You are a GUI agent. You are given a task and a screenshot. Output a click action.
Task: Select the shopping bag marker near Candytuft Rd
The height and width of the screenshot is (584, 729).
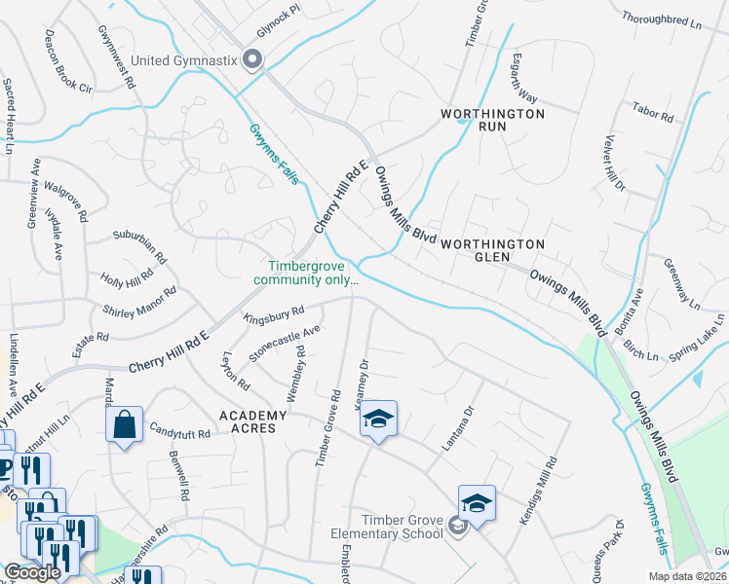click(x=124, y=425)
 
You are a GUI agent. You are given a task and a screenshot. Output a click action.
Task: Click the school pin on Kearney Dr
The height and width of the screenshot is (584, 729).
click(x=378, y=420)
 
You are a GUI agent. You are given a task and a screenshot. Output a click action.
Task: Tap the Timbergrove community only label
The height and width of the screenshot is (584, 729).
click(x=306, y=274)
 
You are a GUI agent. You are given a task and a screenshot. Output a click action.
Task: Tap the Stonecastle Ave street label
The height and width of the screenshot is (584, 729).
click(x=285, y=344)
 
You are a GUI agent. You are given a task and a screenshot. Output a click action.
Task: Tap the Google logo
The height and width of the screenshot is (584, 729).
click(x=32, y=572)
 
